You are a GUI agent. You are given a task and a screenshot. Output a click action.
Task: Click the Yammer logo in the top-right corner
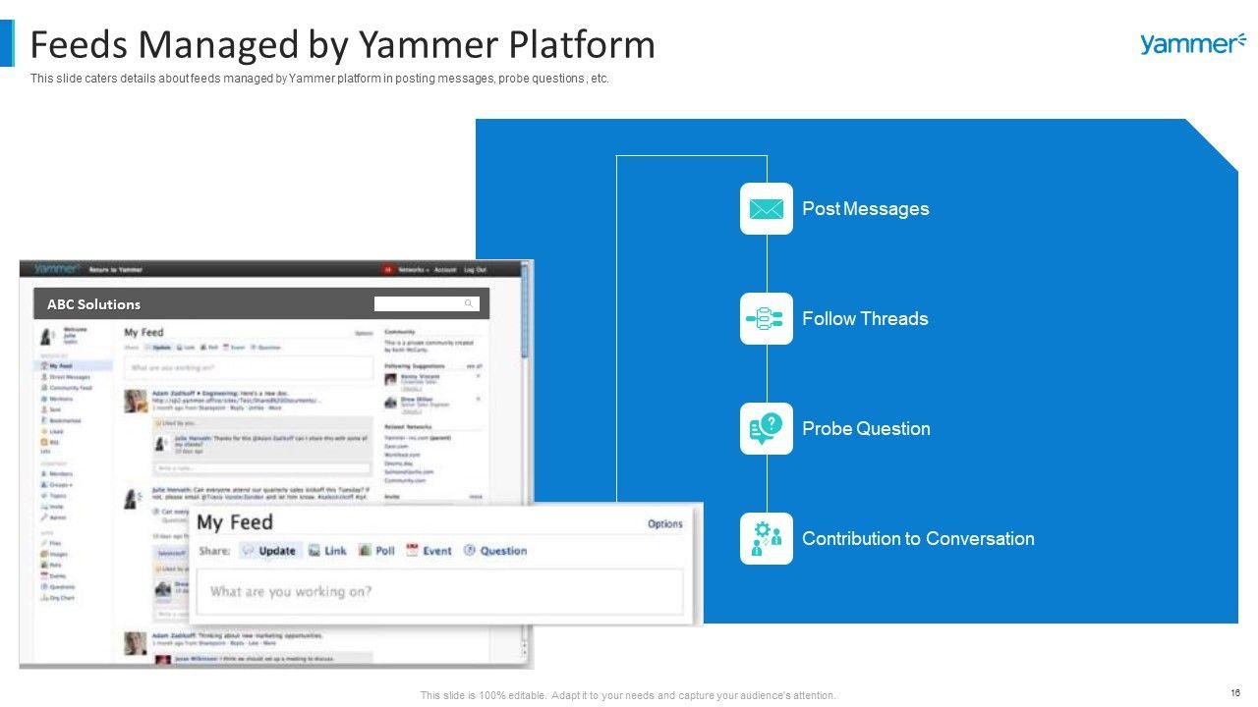point(1192,43)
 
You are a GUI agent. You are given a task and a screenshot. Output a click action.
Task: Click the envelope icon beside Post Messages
point(767,209)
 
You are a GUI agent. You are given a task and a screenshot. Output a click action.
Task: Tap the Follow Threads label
point(865,318)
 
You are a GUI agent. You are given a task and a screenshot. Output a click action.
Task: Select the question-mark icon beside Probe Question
point(767,428)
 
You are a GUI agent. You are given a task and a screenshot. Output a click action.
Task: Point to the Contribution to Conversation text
point(918,538)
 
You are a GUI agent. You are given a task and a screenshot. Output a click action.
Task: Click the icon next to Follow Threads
point(767,318)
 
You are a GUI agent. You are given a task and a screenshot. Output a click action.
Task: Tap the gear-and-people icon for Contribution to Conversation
point(767,538)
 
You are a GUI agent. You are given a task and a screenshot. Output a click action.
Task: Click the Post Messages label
point(865,208)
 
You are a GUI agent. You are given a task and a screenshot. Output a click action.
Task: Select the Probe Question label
point(866,428)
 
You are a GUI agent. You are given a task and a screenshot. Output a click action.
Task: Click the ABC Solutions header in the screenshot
point(94,304)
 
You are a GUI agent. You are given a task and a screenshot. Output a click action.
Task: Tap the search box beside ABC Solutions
point(426,303)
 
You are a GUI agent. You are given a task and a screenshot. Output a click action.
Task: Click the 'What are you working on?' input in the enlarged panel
point(437,591)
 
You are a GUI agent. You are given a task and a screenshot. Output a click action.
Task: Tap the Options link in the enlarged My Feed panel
point(664,523)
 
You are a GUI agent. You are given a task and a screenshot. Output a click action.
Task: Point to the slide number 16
point(1234,691)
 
